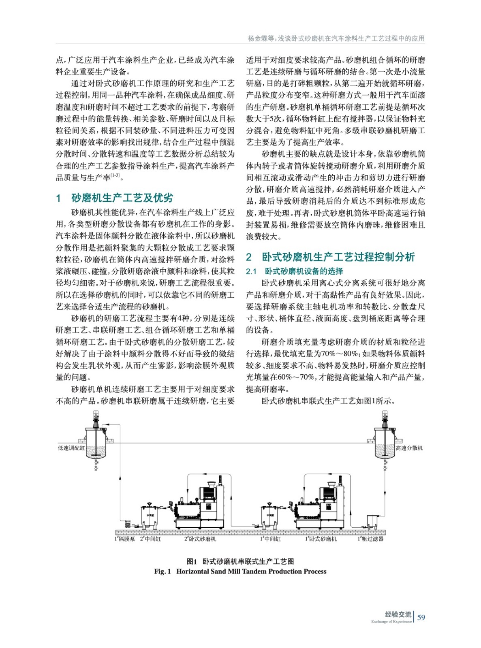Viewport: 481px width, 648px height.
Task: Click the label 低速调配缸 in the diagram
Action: (71, 448)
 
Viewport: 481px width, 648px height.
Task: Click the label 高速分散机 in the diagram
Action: (409, 448)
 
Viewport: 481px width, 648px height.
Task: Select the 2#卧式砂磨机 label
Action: (200, 539)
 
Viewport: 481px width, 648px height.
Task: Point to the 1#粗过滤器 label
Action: (370, 539)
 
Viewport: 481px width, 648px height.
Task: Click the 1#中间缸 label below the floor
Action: (270, 539)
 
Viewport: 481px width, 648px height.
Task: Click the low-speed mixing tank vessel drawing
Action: (96, 443)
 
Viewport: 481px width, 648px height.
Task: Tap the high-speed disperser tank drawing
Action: (385, 443)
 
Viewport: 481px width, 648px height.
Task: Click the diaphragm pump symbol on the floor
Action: (128, 524)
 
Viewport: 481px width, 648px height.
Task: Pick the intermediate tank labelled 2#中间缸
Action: (150, 516)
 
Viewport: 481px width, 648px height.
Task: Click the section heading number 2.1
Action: (251, 271)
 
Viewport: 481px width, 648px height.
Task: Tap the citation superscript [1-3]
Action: (115, 175)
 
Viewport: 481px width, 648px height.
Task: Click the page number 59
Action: (421, 617)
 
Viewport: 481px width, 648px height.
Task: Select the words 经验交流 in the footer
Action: (398, 614)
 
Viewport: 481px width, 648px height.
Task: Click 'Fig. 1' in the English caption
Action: (162, 571)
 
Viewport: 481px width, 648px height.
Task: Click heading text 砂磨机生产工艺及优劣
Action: (122, 198)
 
